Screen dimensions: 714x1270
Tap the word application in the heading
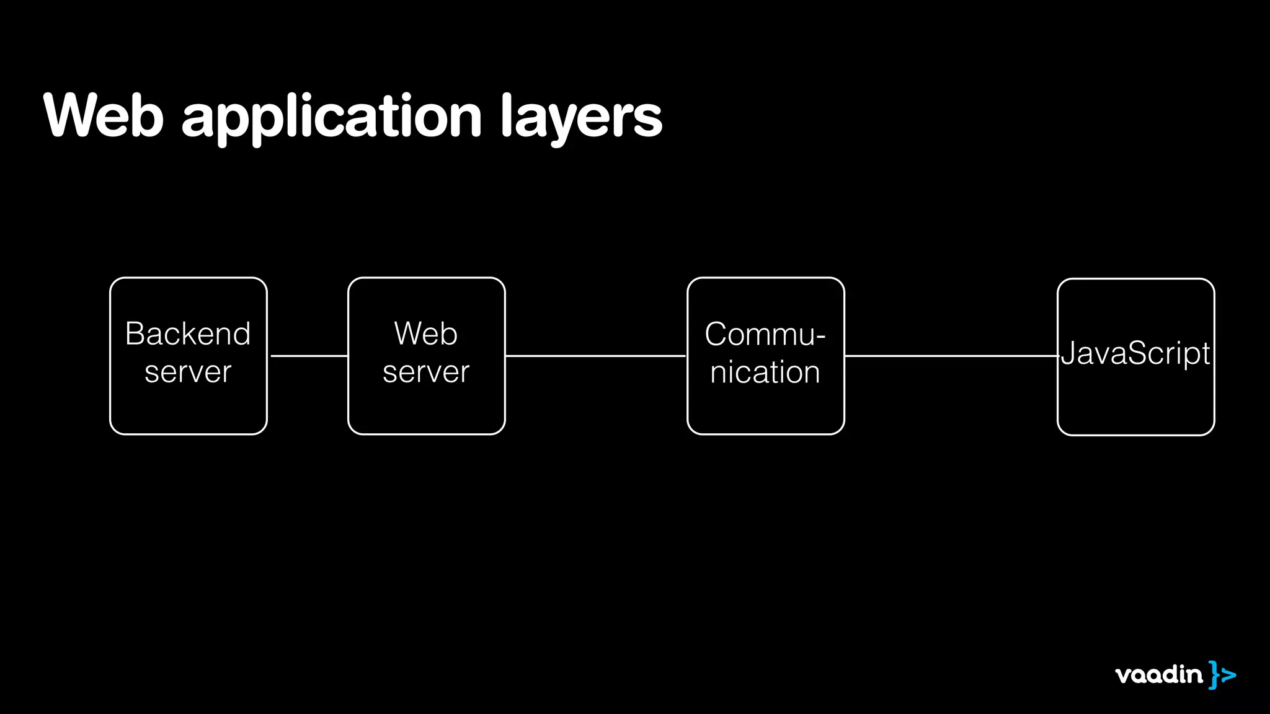(331, 118)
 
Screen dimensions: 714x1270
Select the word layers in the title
(581, 118)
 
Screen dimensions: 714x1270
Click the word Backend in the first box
(188, 334)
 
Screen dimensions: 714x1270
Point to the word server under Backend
(188, 372)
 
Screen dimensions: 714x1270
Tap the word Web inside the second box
(426, 334)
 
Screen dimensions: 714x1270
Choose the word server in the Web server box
(426, 372)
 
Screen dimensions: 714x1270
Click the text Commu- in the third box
(765, 335)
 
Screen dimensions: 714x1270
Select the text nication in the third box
(765, 372)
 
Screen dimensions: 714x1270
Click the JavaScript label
(1135, 354)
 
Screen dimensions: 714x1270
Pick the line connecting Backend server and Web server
(308, 356)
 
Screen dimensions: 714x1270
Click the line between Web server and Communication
(596, 356)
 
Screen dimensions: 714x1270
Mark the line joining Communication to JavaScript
(951, 356)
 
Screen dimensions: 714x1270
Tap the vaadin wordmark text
(1158, 674)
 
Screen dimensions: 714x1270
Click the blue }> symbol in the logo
(1222, 674)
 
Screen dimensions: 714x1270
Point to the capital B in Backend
(135, 334)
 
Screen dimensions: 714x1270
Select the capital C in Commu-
(716, 335)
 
